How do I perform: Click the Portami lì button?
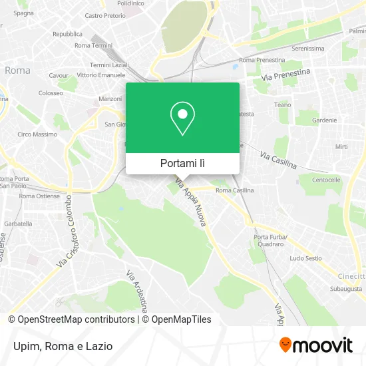(x=182, y=163)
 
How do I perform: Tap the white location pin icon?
(x=182, y=118)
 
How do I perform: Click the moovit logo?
(x=316, y=345)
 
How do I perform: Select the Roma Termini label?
(x=93, y=45)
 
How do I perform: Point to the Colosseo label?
(x=51, y=93)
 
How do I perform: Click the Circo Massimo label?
(x=33, y=134)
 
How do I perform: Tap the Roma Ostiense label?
(x=39, y=196)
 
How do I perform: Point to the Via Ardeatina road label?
(x=136, y=290)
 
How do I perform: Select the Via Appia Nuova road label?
(x=191, y=206)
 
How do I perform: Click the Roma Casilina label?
(x=234, y=190)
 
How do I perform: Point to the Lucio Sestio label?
(x=305, y=258)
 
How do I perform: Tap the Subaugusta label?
(x=346, y=289)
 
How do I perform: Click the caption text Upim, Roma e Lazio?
(x=61, y=346)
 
